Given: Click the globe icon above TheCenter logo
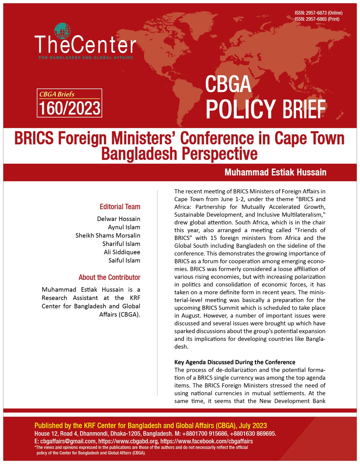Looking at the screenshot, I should click(x=62, y=31).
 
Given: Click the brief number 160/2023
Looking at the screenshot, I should click(x=70, y=108).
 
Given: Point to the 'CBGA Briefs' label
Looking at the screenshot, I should click(x=57, y=94).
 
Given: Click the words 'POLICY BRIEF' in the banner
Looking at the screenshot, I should click(x=265, y=109).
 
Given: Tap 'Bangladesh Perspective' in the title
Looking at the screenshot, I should click(x=179, y=154).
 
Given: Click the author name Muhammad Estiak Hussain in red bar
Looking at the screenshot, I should click(x=275, y=172).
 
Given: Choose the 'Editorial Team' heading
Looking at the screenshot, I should click(x=120, y=207).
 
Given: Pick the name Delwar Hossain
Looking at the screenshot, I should click(x=118, y=219).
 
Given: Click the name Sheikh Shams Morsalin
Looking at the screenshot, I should click(x=108, y=235).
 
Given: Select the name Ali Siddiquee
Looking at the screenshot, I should click(x=122, y=252).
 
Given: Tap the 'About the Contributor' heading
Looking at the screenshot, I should click(x=109, y=277).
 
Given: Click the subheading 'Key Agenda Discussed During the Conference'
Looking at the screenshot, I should click(x=235, y=362).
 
